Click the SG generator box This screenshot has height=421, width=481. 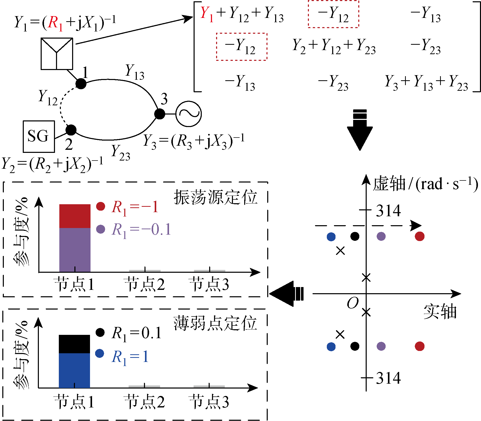39,136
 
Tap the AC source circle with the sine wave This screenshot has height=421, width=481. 189,114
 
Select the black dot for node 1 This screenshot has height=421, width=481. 81,84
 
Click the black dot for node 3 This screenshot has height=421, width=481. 160,114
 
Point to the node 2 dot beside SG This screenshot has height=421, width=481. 71,130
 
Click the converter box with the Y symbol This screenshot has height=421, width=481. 57,54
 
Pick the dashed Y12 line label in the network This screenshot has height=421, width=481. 48,98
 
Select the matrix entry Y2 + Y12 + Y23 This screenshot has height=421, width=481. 334,46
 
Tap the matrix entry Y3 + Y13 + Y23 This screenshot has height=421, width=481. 427,83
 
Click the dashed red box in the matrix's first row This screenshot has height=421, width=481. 333,14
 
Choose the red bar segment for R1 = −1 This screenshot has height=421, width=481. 75,216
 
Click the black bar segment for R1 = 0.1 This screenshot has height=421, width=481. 74,344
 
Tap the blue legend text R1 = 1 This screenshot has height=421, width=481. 130,357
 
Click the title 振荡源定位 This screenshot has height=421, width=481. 215,198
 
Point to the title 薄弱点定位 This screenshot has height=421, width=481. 215,323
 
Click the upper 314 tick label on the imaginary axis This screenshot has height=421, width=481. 388,211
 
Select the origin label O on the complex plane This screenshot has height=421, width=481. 353,303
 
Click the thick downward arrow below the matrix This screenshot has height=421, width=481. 360,130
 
